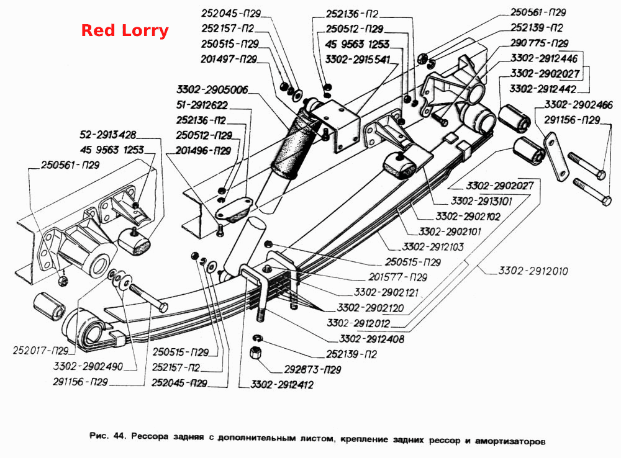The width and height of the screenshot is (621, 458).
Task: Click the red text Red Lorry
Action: (125, 30)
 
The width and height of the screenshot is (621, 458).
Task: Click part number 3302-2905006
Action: (212, 89)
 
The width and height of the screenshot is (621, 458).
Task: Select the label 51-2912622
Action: (202, 105)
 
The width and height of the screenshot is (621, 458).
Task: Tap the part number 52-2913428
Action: (107, 135)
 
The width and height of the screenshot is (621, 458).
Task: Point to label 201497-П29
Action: (229, 59)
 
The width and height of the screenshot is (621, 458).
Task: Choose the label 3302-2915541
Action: (358, 60)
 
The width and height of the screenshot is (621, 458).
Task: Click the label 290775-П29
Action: (539, 43)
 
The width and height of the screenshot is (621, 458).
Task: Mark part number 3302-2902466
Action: (578, 104)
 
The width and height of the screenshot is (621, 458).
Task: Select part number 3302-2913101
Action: (481, 201)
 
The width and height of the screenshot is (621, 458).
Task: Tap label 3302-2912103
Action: (433, 246)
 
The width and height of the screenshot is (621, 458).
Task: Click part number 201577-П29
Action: (397, 277)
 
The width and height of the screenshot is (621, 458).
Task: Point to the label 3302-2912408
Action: (371, 339)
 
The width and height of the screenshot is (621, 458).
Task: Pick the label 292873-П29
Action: (312, 370)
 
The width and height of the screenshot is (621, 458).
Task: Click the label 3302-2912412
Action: (282, 385)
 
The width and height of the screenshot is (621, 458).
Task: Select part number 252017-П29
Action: (41, 351)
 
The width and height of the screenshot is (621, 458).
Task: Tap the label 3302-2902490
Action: (88, 366)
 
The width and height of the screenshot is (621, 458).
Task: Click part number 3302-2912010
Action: (533, 271)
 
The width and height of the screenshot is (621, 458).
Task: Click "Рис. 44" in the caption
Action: (107, 436)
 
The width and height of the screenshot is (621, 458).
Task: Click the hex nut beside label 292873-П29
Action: (255, 352)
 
